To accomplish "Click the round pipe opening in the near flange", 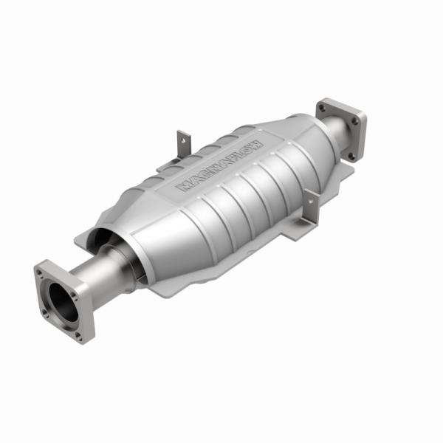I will tap(62, 299).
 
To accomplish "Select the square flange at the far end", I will tap(340, 128).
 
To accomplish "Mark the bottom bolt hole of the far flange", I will tap(351, 155).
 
